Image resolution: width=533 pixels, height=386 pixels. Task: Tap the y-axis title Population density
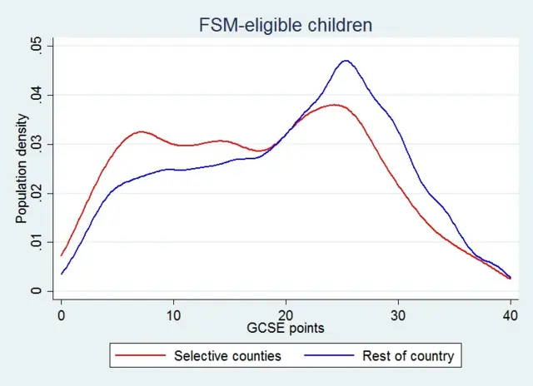pos(22,169)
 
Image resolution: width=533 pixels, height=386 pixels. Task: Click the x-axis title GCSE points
pos(286,329)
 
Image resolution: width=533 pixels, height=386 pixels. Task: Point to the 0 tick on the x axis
pos(61,315)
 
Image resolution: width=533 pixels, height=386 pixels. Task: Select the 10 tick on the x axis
pos(173,315)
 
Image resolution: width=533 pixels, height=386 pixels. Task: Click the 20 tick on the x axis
pos(286,315)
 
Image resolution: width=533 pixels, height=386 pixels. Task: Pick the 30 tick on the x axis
pos(398,315)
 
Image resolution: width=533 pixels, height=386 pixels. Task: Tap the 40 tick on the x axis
pos(510,315)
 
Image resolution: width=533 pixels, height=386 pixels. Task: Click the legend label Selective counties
pos(228,356)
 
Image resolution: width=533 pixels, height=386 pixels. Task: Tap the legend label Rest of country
pos(408,356)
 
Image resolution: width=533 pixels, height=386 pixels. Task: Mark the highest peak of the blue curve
pos(345,61)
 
